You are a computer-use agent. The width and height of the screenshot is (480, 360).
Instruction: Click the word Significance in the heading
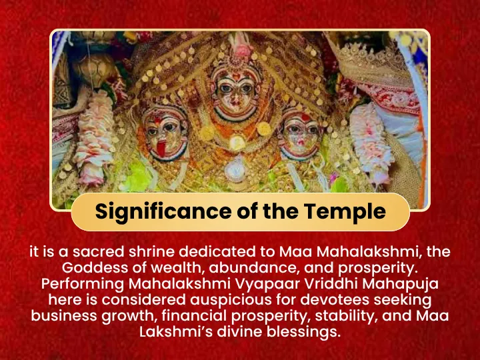tap(163, 212)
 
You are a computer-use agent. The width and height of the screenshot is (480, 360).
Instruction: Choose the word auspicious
tap(231, 300)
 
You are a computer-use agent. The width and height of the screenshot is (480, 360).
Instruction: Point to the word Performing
tap(83, 284)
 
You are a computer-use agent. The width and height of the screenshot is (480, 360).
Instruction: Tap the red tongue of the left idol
tap(161, 148)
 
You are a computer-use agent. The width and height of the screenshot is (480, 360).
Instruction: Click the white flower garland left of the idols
tap(94, 138)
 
